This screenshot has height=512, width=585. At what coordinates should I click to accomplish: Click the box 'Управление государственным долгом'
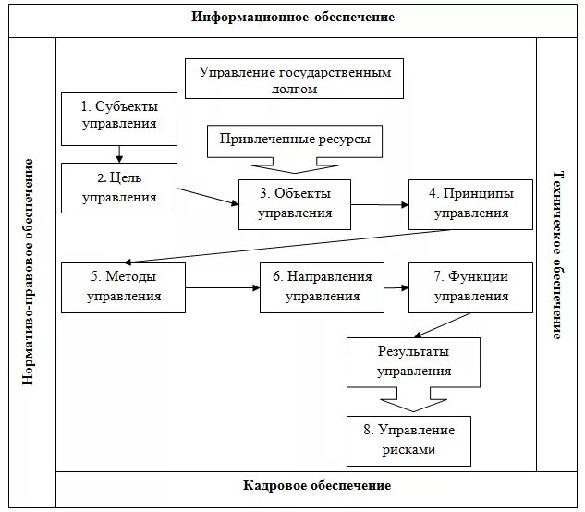[x=295, y=79]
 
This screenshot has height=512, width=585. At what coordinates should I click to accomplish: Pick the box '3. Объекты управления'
[x=296, y=203]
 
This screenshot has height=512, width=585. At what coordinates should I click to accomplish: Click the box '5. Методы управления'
[x=124, y=286]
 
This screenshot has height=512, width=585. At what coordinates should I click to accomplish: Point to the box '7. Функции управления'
[x=471, y=286]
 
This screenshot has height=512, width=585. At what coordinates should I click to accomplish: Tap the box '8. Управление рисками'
[x=408, y=441]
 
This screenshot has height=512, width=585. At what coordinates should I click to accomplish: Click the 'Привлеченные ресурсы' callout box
[x=295, y=140]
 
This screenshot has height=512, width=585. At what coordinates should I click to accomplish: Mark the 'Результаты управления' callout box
[x=414, y=361]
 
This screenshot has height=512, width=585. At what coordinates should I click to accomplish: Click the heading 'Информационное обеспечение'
[x=293, y=18]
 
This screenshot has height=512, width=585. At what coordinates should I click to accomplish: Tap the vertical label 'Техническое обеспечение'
[x=557, y=255]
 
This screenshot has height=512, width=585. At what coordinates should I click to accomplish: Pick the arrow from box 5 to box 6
[x=223, y=287]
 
